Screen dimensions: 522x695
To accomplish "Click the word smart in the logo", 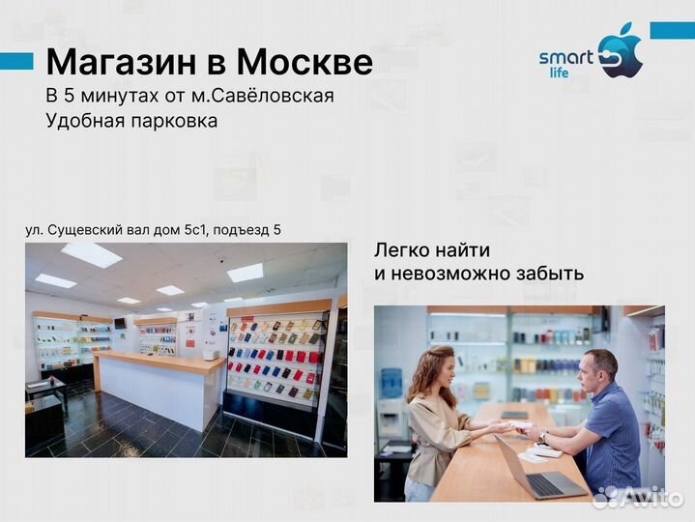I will pyautogui.click(x=565, y=57).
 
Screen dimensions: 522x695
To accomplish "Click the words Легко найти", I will pyautogui.click(x=432, y=249).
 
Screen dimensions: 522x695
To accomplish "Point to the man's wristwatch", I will pyautogui.click(x=543, y=438).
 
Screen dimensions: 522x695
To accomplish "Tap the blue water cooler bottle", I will pyautogui.click(x=391, y=383).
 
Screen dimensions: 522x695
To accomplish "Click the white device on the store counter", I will pyautogui.click(x=210, y=355).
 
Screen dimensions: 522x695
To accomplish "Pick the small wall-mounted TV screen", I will pyautogui.click(x=120, y=322).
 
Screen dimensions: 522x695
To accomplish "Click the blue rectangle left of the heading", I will pyautogui.click(x=16, y=61).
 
